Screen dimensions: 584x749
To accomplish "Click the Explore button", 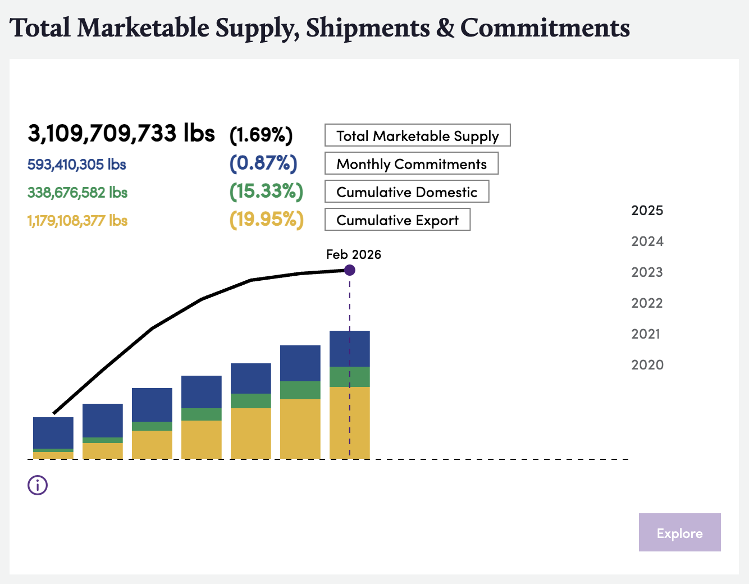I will tap(679, 532).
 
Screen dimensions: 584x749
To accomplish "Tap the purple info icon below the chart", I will tap(38, 485).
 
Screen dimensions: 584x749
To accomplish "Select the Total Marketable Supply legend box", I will tap(417, 135).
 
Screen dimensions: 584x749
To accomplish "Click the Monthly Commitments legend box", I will tap(411, 163).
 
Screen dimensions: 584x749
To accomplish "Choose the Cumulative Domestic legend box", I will tap(407, 191).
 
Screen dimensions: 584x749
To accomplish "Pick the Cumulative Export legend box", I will tap(397, 220).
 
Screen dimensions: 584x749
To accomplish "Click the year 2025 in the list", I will tap(647, 211).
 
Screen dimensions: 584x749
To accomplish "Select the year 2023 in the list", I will tap(647, 272).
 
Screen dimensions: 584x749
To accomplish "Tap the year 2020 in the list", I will tap(647, 365).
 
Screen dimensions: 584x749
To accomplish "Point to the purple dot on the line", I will tap(350, 270).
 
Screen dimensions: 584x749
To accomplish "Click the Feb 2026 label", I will tap(353, 254).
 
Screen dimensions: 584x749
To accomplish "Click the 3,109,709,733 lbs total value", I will tap(121, 134).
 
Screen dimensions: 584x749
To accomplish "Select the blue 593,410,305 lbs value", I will tap(77, 165).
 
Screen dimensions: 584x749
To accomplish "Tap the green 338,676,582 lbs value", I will tap(77, 193).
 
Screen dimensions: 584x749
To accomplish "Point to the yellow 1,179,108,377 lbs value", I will tap(77, 221).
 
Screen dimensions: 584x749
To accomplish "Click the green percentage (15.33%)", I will tap(266, 191).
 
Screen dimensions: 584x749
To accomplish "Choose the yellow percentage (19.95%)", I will tap(266, 220).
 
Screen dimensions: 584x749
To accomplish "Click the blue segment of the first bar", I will tap(53, 432).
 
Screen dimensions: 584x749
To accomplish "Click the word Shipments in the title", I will tap(368, 28).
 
